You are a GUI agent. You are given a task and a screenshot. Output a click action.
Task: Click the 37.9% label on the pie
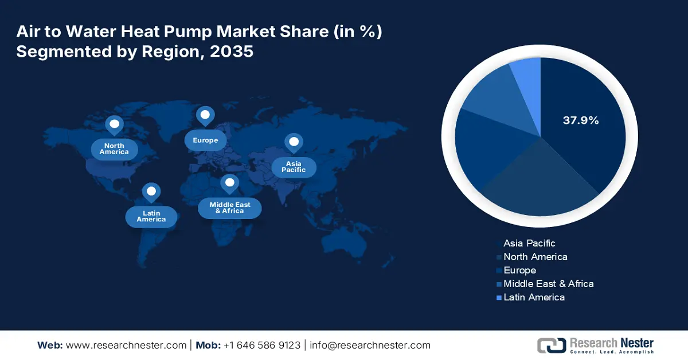pyautogui.click(x=580, y=120)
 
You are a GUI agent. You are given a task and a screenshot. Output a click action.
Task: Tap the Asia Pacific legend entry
pyautogui.click(x=529, y=243)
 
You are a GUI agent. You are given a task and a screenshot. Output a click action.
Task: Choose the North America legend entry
pyautogui.click(x=535, y=257)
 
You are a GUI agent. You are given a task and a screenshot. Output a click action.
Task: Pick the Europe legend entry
pyautogui.click(x=519, y=270)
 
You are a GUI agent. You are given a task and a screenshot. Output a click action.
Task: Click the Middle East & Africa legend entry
pyautogui.click(x=548, y=284)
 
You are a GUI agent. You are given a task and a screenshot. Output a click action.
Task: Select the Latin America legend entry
pyautogui.click(x=534, y=297)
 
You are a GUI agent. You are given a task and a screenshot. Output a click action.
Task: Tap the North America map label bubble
pyautogui.click(x=114, y=149)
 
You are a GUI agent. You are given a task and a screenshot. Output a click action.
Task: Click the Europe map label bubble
pyautogui.click(x=205, y=140)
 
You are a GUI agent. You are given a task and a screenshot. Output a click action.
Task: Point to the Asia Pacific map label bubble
pyautogui.click(x=293, y=167)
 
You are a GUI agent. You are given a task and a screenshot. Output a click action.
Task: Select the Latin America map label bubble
pyautogui.click(x=151, y=216)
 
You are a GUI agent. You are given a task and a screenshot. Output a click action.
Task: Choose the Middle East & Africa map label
pyautogui.click(x=229, y=208)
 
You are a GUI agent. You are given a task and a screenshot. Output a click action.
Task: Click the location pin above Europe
pyautogui.click(x=205, y=116)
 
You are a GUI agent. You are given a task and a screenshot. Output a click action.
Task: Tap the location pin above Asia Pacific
pyautogui.click(x=294, y=143)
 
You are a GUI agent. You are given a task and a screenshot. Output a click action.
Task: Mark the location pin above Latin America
pyautogui.click(x=151, y=192)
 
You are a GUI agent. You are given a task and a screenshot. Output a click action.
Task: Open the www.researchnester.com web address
pyautogui.click(x=126, y=345)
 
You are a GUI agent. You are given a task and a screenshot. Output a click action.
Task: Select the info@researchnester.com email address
pyautogui.click(x=370, y=345)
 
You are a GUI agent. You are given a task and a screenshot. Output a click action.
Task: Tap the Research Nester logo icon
pyautogui.click(x=551, y=345)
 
